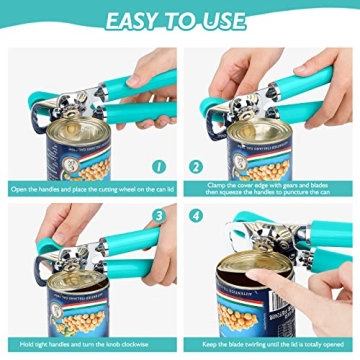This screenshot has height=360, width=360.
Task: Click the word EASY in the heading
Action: (131, 20)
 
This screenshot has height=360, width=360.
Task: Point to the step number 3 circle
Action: (159, 214)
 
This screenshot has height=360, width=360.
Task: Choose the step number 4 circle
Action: (197, 214)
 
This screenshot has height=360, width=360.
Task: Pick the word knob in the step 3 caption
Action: (111, 345)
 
